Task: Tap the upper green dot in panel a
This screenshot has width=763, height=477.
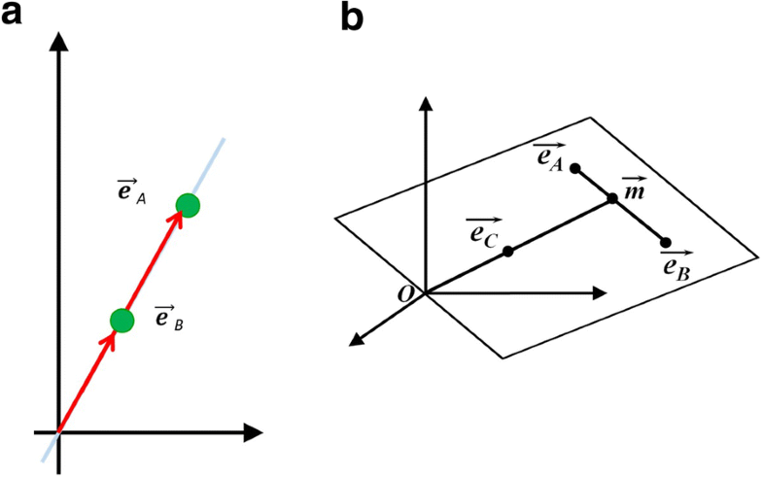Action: (188, 205)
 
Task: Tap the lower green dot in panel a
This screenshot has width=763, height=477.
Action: (121, 320)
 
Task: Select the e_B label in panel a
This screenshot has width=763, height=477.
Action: (169, 317)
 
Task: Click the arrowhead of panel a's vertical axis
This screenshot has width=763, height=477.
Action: (59, 42)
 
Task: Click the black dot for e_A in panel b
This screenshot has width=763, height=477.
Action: (575, 168)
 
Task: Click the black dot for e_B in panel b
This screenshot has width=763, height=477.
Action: (666, 242)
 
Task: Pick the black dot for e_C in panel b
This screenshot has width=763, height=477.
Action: (508, 251)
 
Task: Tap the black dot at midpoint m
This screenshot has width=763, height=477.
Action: (612, 199)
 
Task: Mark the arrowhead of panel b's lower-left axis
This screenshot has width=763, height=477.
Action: (356, 339)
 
